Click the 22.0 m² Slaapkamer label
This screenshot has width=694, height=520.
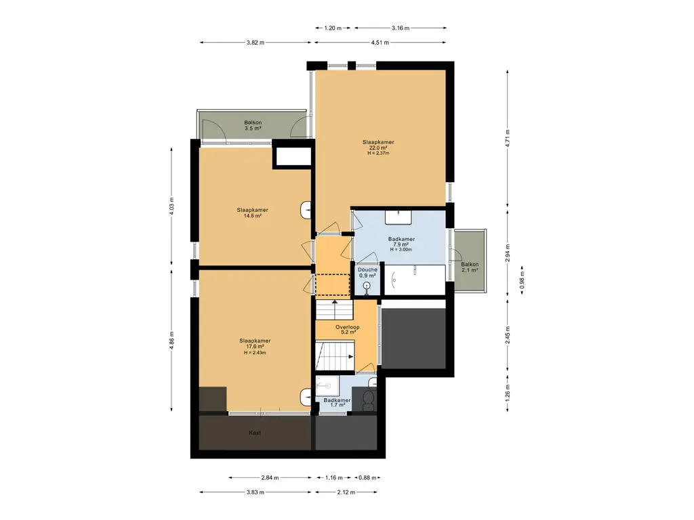(378, 148)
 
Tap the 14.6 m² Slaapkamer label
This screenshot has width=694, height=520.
(252, 213)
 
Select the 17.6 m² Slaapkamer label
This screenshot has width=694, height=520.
(255, 347)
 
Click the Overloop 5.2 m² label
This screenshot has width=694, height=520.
(348, 330)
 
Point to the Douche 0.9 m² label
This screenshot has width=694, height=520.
(367, 272)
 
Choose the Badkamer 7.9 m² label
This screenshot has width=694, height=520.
(401, 244)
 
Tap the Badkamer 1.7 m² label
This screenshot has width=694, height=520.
(337, 402)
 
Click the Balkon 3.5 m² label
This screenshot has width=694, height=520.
(253, 125)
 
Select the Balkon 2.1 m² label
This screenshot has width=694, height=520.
(470, 267)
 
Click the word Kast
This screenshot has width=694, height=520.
(255, 433)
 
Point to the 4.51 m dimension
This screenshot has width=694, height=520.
(380, 43)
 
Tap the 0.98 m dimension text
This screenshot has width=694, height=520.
(522, 280)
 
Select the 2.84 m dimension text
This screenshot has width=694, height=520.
(270, 477)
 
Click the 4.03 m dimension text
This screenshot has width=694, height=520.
(171, 207)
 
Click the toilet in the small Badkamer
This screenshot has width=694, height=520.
(368, 399)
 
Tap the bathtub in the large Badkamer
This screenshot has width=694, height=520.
(415, 280)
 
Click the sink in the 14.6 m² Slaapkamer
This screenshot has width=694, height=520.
(306, 210)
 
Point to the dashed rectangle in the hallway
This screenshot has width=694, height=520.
(332, 285)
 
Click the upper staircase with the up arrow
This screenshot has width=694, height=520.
(335, 309)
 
